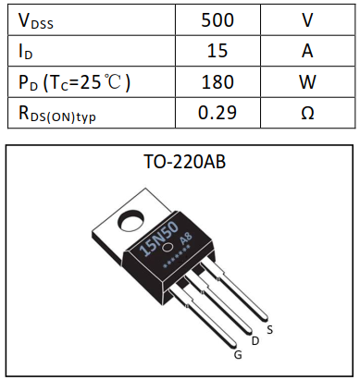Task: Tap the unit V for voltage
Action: (x=307, y=19)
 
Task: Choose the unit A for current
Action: (x=307, y=51)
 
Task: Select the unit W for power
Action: (x=307, y=81)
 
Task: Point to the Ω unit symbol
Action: (x=307, y=113)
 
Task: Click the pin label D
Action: (x=254, y=340)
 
